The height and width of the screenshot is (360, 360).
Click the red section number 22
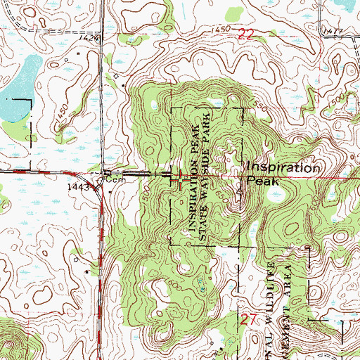245,34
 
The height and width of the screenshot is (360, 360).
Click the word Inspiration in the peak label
283,169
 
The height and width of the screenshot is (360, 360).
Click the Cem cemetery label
114,180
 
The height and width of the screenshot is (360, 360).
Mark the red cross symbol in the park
181,179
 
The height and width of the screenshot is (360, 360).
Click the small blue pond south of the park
200,283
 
